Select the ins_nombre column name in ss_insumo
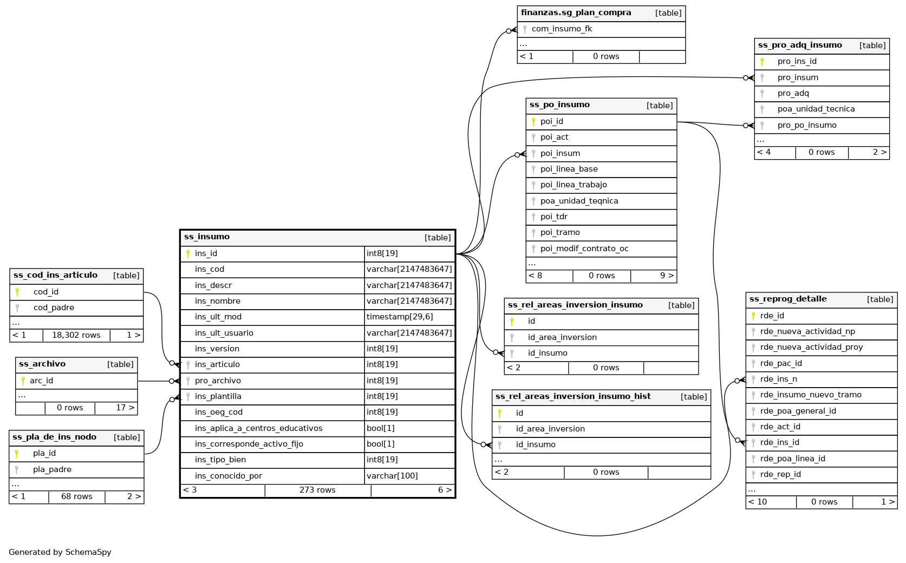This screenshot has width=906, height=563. click(x=218, y=301)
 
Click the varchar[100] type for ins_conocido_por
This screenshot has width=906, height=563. click(x=392, y=476)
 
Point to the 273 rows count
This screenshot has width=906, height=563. click(x=317, y=490)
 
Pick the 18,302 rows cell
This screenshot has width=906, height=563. click(x=76, y=336)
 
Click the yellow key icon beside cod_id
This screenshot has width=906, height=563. click(x=18, y=292)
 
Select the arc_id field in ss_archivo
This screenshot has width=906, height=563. click(x=42, y=381)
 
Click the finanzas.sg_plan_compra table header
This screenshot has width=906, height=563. click(x=576, y=13)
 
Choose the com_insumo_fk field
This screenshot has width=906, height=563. click(x=562, y=29)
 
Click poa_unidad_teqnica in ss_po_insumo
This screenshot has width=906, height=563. click(x=579, y=201)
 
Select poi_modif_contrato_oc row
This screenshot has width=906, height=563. click(x=584, y=249)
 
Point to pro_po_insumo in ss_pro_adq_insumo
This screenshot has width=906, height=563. click(x=807, y=126)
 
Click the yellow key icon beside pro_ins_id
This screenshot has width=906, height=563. click(x=762, y=62)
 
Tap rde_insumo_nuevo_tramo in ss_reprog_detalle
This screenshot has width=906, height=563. click(x=811, y=395)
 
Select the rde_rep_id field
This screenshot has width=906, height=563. click(x=780, y=475)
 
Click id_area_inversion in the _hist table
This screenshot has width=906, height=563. click(x=550, y=429)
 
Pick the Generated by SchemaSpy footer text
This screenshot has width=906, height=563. click(x=60, y=553)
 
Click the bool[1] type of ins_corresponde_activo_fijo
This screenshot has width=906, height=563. click(x=380, y=444)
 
